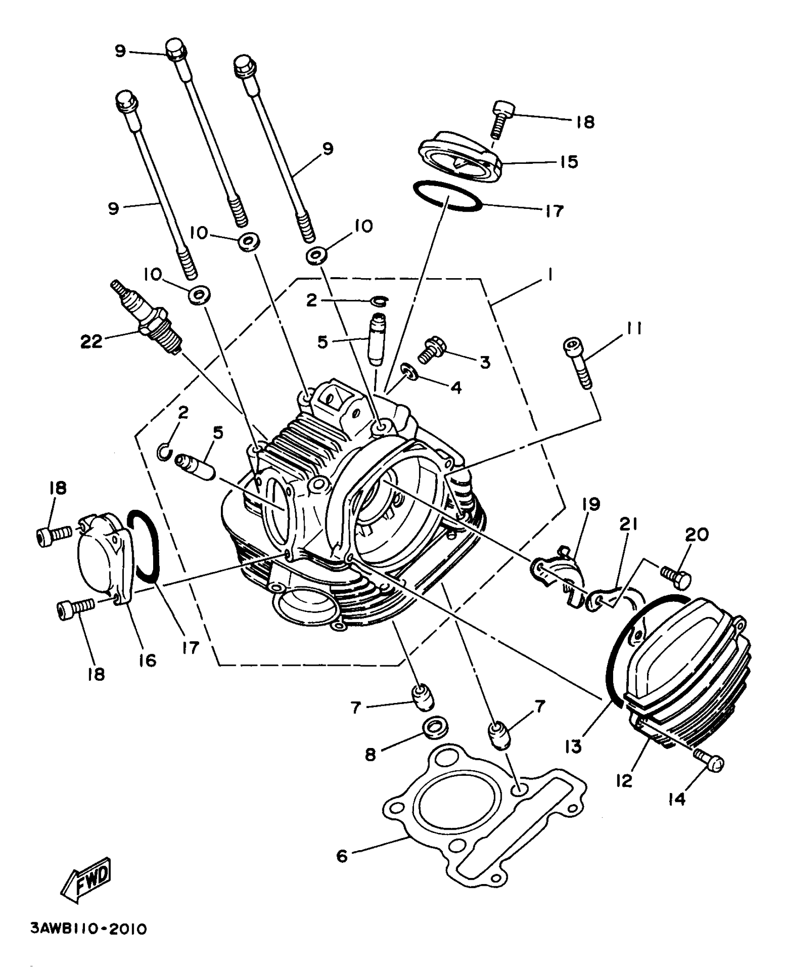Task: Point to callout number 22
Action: [x=91, y=342]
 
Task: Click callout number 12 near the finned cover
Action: [x=625, y=780]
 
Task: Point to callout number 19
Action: [x=593, y=504]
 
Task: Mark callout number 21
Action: [x=627, y=525]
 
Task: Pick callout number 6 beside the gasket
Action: [x=342, y=856]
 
